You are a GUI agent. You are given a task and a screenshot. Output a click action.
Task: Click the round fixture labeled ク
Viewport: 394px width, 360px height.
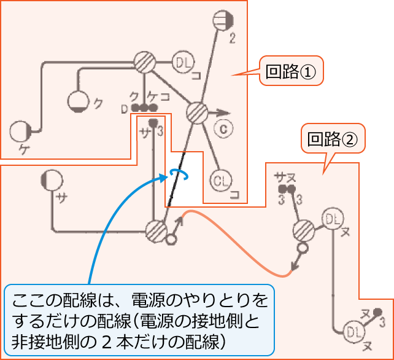click(x=79, y=101)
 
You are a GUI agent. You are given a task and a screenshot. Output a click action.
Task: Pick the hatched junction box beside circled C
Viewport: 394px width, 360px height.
click(x=196, y=113)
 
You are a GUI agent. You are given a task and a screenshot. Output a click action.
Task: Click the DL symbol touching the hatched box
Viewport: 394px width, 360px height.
click(x=332, y=219)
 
